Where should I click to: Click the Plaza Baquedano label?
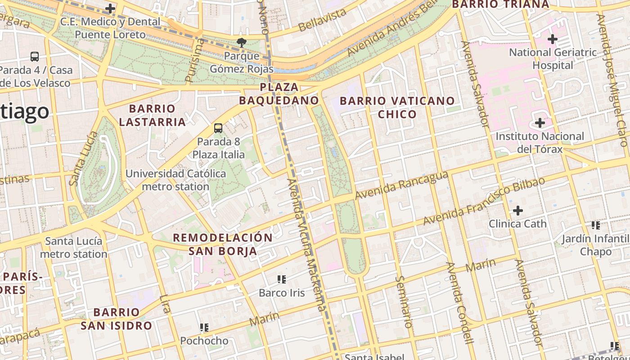[x=279, y=94]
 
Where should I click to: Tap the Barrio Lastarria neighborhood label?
[x=152, y=115]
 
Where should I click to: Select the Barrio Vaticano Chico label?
[x=397, y=107]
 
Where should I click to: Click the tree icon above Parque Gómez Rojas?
[x=242, y=43]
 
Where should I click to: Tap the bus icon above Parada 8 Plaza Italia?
[x=218, y=128]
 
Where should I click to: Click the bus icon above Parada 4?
[x=35, y=57]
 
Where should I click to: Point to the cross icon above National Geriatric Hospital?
[x=553, y=39]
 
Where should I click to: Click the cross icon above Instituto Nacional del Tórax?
[x=540, y=123]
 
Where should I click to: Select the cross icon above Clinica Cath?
[x=518, y=210]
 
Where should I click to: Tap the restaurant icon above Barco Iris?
[x=282, y=279]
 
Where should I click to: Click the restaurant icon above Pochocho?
[x=204, y=328]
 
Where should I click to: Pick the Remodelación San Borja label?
[x=223, y=244]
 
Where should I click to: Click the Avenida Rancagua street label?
[x=401, y=185]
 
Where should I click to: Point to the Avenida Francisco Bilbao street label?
[x=484, y=201]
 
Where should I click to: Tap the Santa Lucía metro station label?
[x=74, y=247]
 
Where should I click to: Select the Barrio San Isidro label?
[x=116, y=319]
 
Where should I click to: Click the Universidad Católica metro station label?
[x=175, y=180]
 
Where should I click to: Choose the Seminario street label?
[x=404, y=301]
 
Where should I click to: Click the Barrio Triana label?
[x=500, y=4]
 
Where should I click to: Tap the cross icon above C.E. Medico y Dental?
[x=110, y=9]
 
